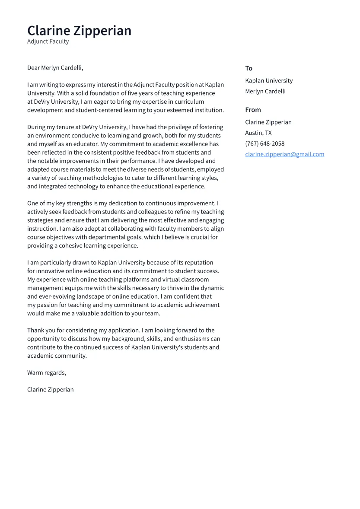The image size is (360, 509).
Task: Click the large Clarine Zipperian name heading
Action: coord(79,31)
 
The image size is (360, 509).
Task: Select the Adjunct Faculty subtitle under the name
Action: coord(48,41)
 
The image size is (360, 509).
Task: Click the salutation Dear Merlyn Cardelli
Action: coord(55,68)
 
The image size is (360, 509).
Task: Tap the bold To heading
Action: coord(248,68)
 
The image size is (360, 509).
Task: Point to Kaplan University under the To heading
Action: coord(269,81)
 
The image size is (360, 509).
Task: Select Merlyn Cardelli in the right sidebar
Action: coord(265,91)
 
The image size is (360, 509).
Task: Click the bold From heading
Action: coord(253,110)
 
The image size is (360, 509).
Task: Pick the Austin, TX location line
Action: coord(258,133)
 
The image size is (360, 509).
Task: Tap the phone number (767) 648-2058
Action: coord(264,143)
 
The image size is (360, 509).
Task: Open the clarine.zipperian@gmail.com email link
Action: coord(284,154)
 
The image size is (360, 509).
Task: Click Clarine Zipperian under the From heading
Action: coord(268,122)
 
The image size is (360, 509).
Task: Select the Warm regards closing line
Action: coord(47,372)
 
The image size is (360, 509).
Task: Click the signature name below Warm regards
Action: coord(50,390)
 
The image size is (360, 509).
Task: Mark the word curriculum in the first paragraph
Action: coord(189,102)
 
